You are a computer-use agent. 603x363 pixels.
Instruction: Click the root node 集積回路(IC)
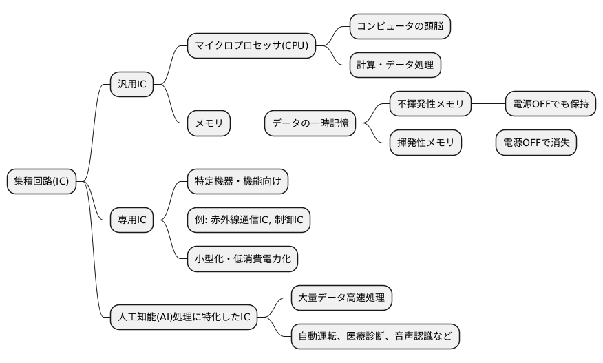pos(41,182)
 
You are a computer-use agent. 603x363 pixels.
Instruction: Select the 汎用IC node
pos(131,85)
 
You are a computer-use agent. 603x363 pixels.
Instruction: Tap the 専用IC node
pos(131,220)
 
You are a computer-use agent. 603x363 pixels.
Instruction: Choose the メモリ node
pos(209,124)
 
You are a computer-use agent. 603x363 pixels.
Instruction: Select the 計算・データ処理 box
pos(394,65)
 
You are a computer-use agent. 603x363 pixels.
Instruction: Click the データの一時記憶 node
pos(310,124)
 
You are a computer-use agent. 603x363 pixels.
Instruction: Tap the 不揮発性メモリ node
pos(430,105)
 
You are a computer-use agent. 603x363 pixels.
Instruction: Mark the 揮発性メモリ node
pos(425,143)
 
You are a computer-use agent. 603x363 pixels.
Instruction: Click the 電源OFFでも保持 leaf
pos(550,105)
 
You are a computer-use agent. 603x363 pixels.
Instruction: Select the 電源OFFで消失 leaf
pos(536,143)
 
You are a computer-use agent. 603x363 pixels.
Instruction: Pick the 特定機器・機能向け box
pos(237,182)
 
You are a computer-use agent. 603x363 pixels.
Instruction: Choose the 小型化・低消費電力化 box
pos(243,259)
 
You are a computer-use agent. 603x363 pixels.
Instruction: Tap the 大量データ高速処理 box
pos(341,298)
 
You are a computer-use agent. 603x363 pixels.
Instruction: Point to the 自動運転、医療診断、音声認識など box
pos(374,336)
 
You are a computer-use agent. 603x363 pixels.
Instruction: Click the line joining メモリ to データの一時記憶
pos(247,124)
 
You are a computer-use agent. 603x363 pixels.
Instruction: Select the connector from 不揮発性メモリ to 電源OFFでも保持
pos(488,105)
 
